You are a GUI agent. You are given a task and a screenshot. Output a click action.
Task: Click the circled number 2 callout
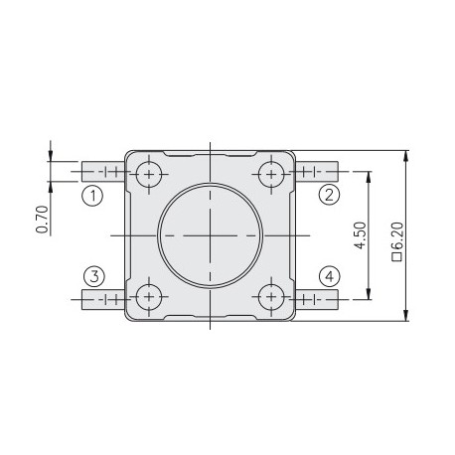pos(329,195)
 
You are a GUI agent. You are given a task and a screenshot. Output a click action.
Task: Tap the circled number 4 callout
pos(329,275)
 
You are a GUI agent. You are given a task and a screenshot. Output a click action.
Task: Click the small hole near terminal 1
pos(150,174)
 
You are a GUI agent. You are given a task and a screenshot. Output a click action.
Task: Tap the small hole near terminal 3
pos(150,296)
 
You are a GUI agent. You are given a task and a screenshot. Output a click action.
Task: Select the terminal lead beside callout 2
pos(317,174)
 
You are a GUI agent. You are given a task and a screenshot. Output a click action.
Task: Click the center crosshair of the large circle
pos(210,234)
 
